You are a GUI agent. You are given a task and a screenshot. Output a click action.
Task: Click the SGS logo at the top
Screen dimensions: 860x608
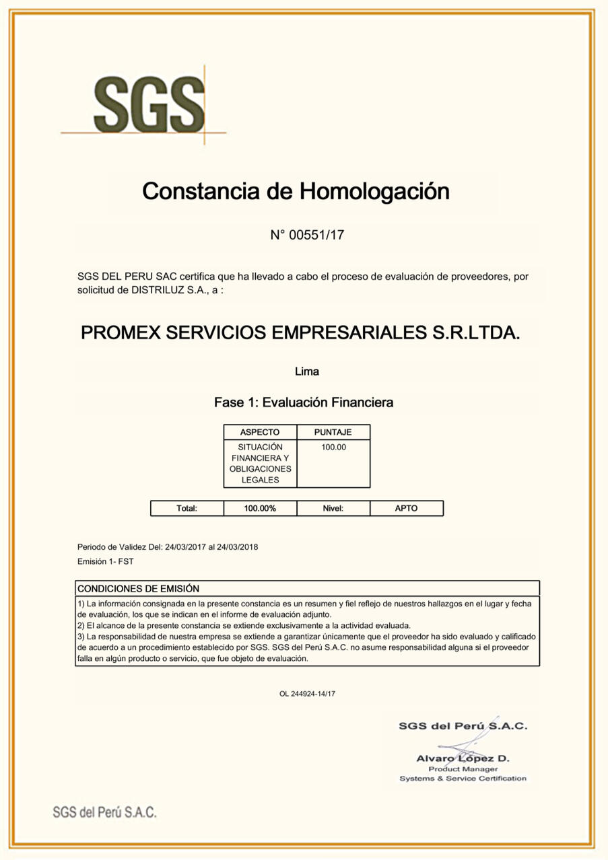(149, 104)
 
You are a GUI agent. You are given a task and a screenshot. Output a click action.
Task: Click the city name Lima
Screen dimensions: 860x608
(307, 371)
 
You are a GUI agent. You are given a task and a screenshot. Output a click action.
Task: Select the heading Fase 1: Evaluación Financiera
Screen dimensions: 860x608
(304, 402)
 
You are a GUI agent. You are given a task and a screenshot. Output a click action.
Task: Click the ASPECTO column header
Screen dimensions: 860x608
(260, 432)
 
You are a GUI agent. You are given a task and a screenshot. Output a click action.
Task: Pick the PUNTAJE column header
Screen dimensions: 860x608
(333, 432)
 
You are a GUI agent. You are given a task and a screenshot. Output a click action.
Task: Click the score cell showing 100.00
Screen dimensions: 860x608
(333, 447)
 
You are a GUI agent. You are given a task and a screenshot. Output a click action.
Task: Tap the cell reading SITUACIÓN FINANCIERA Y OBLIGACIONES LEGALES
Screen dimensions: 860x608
(260, 463)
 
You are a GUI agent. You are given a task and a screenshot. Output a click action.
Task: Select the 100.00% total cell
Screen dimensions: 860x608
(260, 508)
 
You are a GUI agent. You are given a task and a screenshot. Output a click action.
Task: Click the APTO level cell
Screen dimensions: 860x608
(406, 508)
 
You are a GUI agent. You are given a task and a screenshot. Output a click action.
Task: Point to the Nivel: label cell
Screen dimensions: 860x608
(333, 508)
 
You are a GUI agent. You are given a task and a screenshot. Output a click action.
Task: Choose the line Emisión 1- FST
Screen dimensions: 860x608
(100, 561)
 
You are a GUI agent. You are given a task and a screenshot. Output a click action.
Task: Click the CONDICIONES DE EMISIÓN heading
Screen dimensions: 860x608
(139, 588)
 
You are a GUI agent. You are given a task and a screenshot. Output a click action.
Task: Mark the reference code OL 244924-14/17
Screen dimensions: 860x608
(307, 694)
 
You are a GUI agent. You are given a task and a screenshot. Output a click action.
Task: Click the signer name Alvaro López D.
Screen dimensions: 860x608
(463, 758)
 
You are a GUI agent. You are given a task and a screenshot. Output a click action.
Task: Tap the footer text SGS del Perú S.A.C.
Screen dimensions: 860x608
(104, 812)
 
